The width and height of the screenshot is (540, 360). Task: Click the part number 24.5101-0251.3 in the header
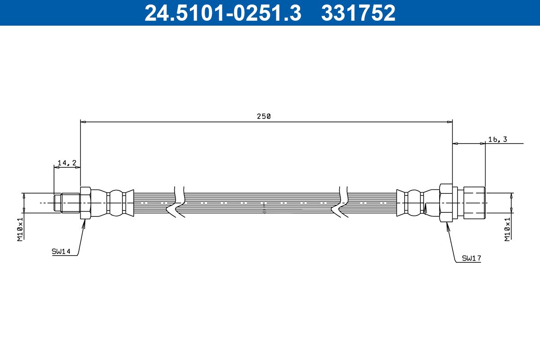(x=222, y=13)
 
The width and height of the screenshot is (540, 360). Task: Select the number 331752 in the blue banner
(x=358, y=13)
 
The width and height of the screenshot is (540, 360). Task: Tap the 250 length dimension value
(x=264, y=116)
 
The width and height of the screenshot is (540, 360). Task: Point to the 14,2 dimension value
(x=67, y=163)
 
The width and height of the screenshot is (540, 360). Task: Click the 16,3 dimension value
(x=497, y=139)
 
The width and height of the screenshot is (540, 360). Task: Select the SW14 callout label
(x=61, y=252)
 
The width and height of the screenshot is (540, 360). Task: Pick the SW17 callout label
(x=472, y=258)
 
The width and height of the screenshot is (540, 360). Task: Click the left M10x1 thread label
(x=20, y=229)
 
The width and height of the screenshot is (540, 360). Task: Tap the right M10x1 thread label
(x=507, y=229)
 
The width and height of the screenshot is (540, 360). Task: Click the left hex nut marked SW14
(x=85, y=203)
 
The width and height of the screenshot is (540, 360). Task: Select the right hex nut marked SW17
(x=446, y=203)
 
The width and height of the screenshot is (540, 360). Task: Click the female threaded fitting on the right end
(x=474, y=203)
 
